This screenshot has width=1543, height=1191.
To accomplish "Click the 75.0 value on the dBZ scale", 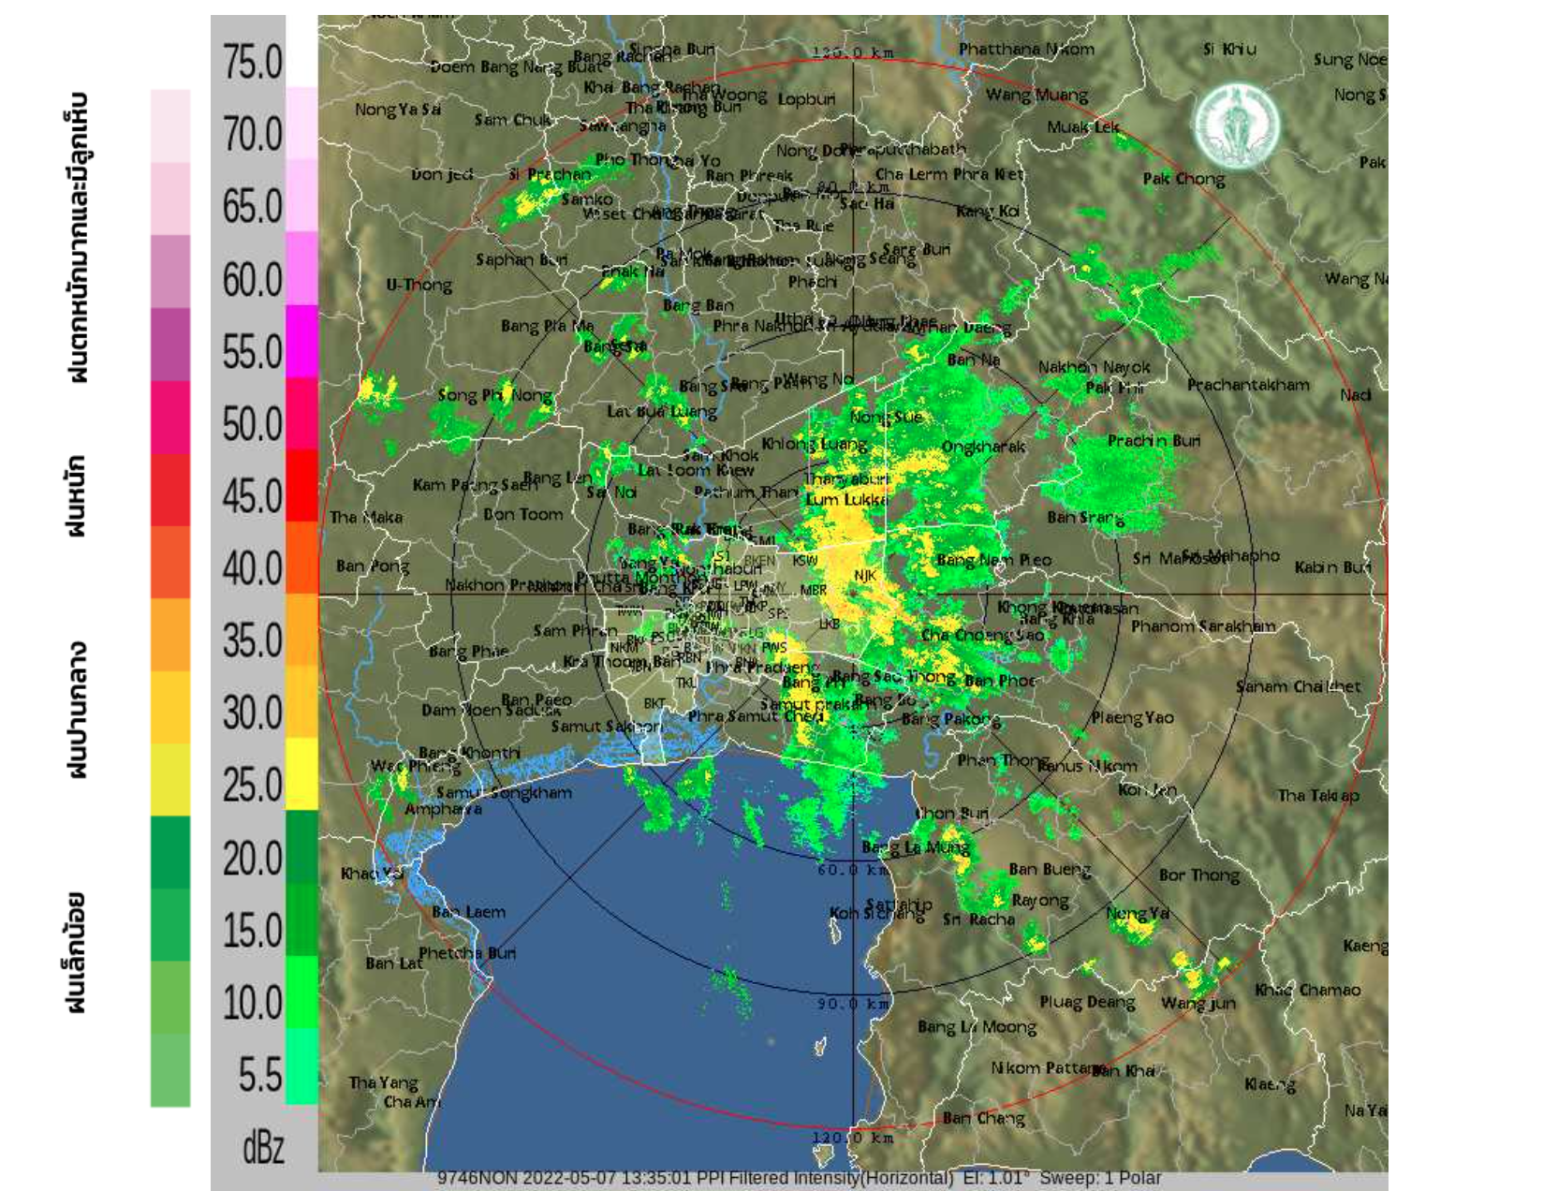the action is [252, 63].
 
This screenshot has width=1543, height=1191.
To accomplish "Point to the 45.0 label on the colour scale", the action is [252, 496].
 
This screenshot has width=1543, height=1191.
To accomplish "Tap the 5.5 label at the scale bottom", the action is [259, 1074].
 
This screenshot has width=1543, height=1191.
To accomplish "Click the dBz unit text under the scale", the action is [263, 1147].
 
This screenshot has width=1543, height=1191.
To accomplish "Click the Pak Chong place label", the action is [1183, 179].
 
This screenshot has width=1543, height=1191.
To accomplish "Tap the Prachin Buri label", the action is [1153, 440].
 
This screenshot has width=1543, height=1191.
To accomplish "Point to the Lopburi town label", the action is [805, 98].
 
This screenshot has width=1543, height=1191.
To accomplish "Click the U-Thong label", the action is [419, 285].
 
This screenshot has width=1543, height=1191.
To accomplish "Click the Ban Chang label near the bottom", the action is [983, 1118].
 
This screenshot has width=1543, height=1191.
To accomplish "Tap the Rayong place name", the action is [1039, 901].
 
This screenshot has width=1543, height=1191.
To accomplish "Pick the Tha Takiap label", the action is [1317, 796].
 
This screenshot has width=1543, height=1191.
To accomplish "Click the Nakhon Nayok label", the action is [1094, 367].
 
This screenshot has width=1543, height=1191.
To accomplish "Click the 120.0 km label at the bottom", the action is [852, 1139].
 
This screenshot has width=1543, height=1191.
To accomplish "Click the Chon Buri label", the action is [950, 813].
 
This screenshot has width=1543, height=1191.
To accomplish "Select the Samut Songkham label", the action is [504, 792].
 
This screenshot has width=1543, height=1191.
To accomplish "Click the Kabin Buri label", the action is [1332, 567].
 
